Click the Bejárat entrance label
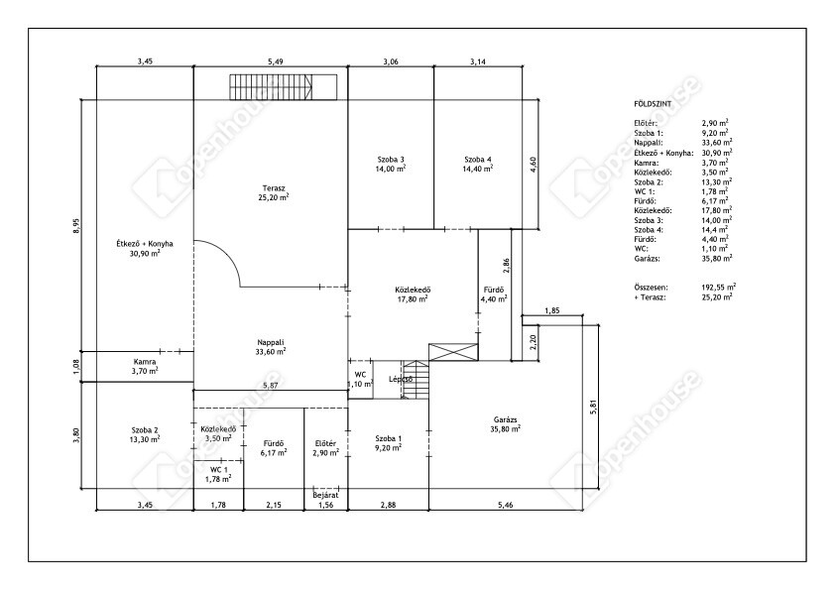[326, 495]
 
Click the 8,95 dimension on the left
[76, 226]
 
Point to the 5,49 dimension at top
[276, 61]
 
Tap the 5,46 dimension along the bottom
[506, 505]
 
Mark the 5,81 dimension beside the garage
[594, 408]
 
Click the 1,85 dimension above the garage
[552, 311]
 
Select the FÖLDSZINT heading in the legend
[653, 104]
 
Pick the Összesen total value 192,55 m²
[719, 288]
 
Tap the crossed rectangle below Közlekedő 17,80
[454, 352]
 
